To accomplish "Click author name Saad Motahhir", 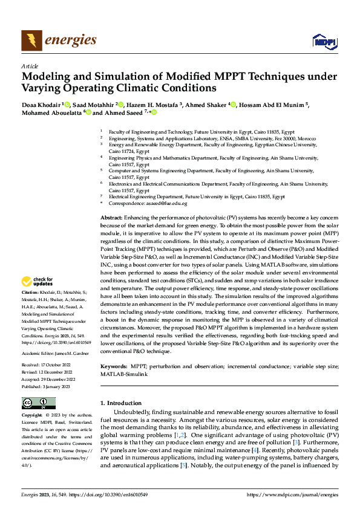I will (x=94, y=105).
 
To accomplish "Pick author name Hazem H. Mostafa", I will (x=154, y=105).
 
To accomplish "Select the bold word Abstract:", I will (x=111, y=216).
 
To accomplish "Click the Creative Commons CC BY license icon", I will (x=39, y=403).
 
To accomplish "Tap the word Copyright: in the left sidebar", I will (x=33, y=416).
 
